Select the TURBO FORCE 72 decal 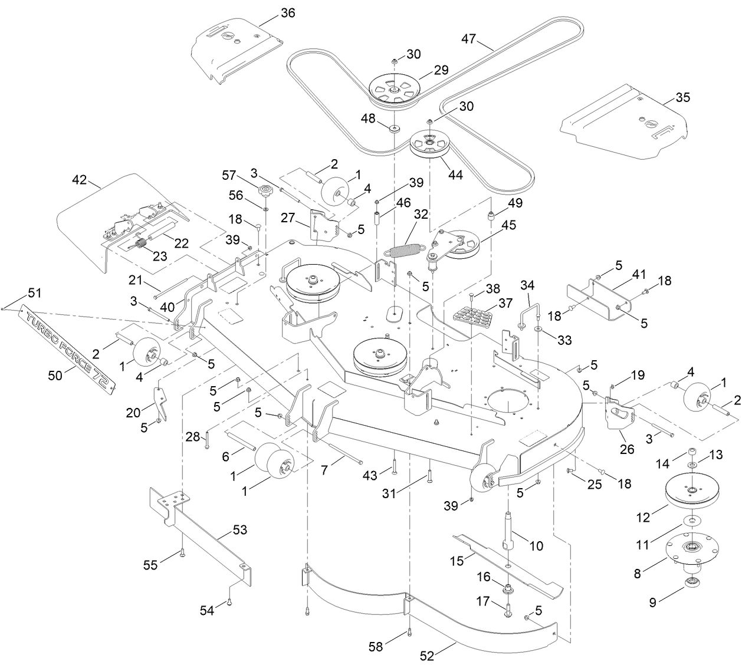(x=68, y=347)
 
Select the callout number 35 (x=682, y=97)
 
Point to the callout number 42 (x=80, y=179)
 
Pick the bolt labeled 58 (x=408, y=634)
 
